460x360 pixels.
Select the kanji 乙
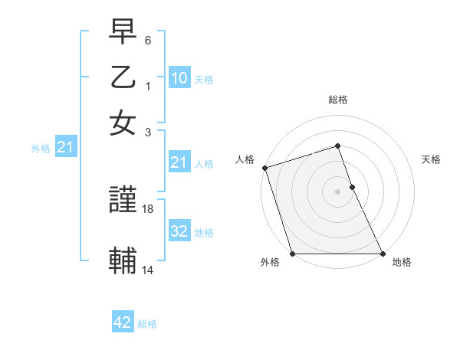[x=123, y=78]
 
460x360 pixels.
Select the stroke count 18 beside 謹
[x=149, y=208]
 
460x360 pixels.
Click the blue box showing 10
[x=179, y=78]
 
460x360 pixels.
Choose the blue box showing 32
[x=179, y=231]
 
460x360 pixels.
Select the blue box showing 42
[x=123, y=322]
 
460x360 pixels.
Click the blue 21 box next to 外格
[x=65, y=147]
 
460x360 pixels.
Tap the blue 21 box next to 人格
[x=179, y=162]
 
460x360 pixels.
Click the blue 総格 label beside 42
[x=147, y=324]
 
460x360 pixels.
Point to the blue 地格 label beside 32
[x=204, y=233]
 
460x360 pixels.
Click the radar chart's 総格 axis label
[x=337, y=100]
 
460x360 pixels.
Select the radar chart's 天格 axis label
[x=431, y=159]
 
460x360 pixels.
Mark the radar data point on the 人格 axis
[x=264, y=168]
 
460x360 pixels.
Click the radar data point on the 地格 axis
[x=382, y=254]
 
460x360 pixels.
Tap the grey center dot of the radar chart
[x=337, y=191]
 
